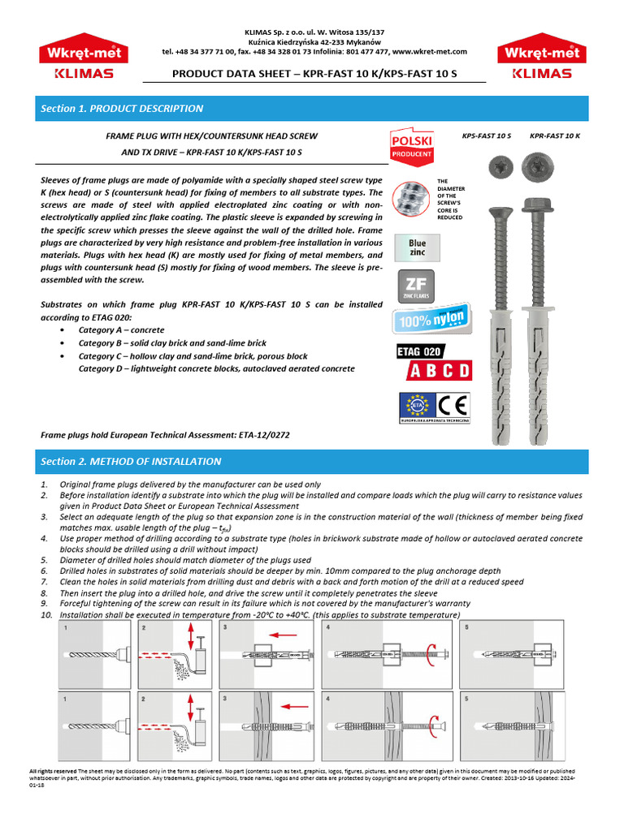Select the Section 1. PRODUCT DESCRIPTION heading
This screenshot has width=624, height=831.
(x=122, y=109)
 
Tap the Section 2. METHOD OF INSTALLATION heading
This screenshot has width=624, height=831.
(x=131, y=462)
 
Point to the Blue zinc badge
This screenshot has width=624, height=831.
(x=417, y=247)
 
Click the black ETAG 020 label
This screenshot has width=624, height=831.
(x=419, y=351)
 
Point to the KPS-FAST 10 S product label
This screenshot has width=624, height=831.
(x=486, y=136)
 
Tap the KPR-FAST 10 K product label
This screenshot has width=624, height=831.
(x=555, y=136)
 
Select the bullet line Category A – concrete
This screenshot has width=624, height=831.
(x=121, y=330)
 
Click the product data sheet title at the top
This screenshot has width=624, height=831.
(x=314, y=73)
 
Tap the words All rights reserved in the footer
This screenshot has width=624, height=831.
(x=53, y=771)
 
